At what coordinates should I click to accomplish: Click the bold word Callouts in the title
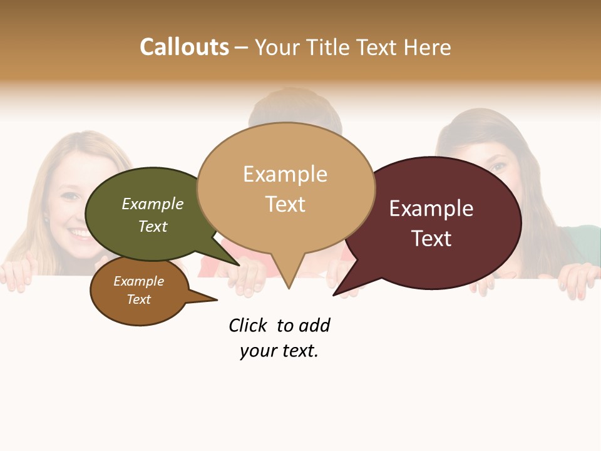tap(184, 47)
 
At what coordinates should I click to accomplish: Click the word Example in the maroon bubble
tap(431, 209)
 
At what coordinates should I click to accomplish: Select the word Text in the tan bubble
tap(285, 204)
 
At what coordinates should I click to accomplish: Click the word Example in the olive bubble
tap(153, 204)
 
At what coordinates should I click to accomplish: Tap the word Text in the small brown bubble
tap(139, 299)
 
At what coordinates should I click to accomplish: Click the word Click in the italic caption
tap(247, 325)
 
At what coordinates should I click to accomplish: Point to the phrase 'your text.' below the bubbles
tap(279, 351)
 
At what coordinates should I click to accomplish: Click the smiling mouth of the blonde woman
tap(80, 234)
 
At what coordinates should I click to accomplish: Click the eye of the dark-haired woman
tap(499, 167)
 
